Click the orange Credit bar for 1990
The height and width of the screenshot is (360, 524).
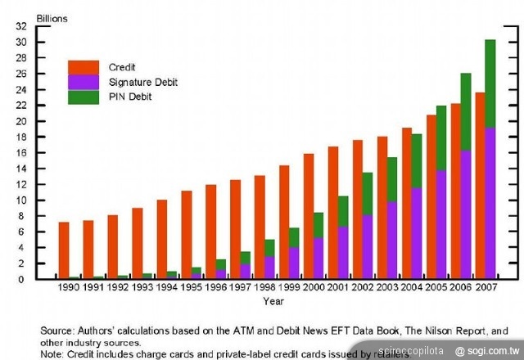tap(64, 250)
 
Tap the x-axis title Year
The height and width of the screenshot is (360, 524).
tap(274, 301)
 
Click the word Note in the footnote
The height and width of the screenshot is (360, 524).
tap(52, 354)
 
